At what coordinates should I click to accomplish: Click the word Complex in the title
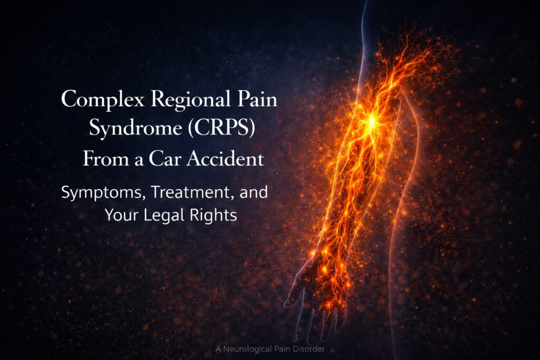coord(102,100)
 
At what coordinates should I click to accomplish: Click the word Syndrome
coord(136,128)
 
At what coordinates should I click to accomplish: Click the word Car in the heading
coord(164,159)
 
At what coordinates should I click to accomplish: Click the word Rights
coord(209,216)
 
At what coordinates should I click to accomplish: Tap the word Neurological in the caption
coord(248,349)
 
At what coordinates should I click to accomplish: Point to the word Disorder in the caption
coord(308,349)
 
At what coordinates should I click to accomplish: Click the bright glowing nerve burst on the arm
coord(372,120)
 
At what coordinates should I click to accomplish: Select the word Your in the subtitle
coord(121,215)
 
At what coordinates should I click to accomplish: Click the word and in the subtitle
coord(254,192)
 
